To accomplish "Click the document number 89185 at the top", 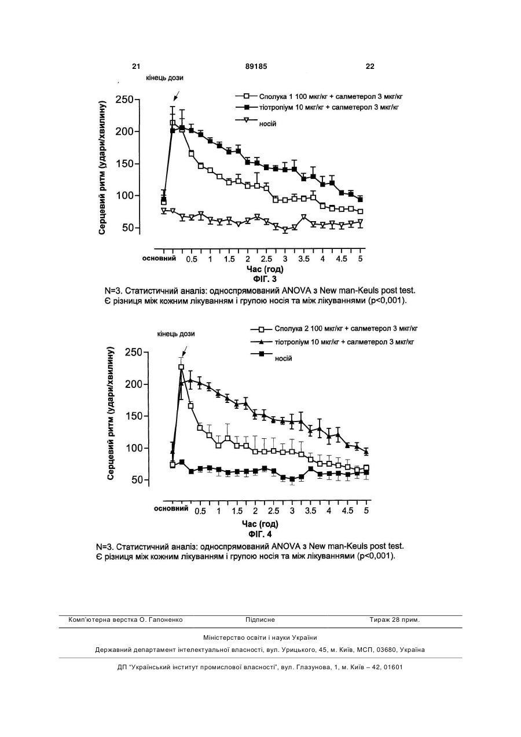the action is coord(256,67).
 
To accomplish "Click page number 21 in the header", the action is coord(136,67).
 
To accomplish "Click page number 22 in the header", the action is coord(370,67).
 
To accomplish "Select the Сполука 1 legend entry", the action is coord(319,97).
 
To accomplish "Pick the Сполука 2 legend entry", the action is coord(334,328).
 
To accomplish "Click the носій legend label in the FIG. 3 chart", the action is coord(267,124).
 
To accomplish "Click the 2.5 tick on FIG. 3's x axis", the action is coord(266,259).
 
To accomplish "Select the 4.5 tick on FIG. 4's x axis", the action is coord(348,511).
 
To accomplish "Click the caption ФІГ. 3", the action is coord(265,279).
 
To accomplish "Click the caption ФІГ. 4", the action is coord(260,534).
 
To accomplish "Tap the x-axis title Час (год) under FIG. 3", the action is coord(265,269).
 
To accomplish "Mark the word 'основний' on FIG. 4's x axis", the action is coord(171,509).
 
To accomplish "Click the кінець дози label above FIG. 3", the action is coord(164,78).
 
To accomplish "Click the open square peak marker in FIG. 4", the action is coord(181,367).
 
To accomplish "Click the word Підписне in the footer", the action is coord(260,620).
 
